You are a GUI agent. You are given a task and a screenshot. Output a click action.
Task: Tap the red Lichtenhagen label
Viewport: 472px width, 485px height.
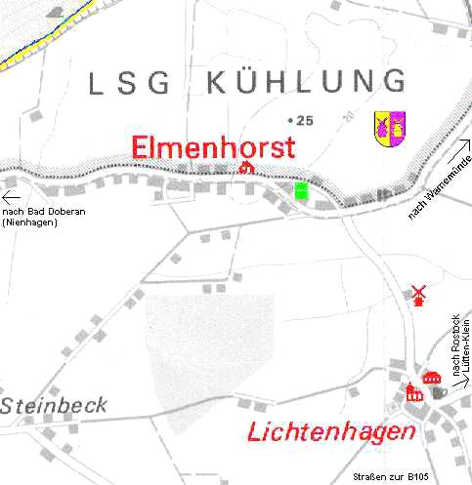[x=330, y=431]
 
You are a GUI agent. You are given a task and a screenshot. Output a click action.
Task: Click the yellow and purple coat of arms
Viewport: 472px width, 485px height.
[x=390, y=129]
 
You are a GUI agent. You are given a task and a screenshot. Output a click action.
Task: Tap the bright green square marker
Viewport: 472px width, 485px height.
[x=301, y=191]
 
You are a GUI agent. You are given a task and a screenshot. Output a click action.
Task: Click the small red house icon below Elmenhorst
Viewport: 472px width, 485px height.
[x=246, y=169]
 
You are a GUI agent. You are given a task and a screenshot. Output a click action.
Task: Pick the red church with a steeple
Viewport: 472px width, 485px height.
[x=413, y=392]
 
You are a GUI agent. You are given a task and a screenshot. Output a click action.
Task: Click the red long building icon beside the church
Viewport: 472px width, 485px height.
[x=431, y=379]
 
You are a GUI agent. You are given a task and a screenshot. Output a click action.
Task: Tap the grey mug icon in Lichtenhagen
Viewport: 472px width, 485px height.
[x=442, y=391]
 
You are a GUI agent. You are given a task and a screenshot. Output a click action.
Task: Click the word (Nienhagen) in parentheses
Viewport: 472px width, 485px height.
[x=30, y=222]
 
